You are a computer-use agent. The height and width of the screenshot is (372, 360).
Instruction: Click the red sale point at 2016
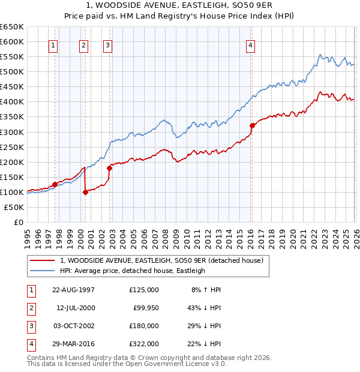[252, 125]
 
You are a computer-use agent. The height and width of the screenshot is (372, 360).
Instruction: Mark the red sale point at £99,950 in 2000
[85, 192]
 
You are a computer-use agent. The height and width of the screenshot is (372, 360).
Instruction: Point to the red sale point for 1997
[55, 184]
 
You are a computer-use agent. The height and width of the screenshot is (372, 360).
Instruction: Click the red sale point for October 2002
[109, 168]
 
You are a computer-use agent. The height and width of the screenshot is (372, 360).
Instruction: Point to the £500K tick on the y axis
[12, 72]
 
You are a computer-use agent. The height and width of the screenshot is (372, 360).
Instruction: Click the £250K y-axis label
[12, 147]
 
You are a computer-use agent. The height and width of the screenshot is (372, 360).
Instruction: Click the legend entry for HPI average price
[132, 271]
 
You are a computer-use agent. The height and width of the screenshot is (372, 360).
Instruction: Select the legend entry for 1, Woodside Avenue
[161, 260]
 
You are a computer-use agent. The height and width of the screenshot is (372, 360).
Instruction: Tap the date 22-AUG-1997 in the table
[73, 290]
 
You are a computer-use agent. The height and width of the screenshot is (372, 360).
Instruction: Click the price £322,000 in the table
[144, 344]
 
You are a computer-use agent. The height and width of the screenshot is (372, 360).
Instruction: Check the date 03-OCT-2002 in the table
[73, 326]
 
